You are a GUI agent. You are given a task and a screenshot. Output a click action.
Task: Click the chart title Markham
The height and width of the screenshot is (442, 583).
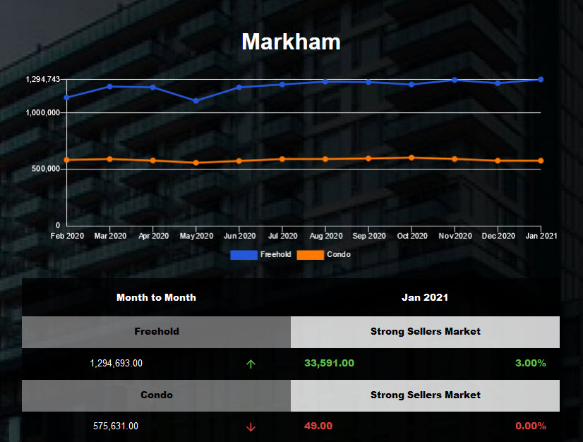click(291, 42)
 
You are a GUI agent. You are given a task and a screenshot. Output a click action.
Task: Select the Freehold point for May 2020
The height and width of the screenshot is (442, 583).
click(196, 101)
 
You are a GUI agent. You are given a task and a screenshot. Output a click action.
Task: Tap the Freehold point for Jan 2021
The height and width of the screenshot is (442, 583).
click(541, 79)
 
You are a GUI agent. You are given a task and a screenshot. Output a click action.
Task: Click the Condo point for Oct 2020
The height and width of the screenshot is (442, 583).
click(411, 157)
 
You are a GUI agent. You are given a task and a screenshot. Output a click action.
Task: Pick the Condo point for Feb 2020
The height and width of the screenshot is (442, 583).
click(67, 160)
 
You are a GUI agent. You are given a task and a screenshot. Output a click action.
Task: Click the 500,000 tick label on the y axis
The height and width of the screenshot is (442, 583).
click(44, 169)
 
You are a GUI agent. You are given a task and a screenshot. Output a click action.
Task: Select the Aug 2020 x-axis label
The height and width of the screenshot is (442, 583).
click(325, 236)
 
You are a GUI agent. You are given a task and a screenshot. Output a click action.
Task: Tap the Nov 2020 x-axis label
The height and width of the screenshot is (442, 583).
click(455, 236)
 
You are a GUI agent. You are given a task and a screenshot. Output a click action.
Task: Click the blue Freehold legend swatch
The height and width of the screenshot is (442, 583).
click(244, 254)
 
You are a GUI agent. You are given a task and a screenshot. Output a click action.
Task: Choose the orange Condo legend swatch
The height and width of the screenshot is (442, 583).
click(310, 254)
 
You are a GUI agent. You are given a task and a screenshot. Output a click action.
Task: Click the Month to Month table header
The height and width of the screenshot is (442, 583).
click(156, 297)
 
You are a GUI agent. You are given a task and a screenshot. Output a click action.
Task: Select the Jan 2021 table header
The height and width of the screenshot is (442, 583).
click(425, 297)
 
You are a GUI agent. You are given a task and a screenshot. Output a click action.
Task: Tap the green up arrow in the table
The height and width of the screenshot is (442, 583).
click(251, 364)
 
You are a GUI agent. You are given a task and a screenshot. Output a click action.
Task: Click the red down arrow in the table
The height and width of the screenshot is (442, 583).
click(251, 426)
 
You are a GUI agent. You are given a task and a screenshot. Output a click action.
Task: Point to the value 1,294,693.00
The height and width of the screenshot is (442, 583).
click(116, 363)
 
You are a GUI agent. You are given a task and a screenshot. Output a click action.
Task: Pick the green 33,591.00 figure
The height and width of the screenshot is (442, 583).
click(329, 363)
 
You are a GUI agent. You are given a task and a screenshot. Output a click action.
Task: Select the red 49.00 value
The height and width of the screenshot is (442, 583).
click(318, 426)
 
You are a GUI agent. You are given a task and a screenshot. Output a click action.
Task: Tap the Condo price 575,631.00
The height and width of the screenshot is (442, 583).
click(116, 426)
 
